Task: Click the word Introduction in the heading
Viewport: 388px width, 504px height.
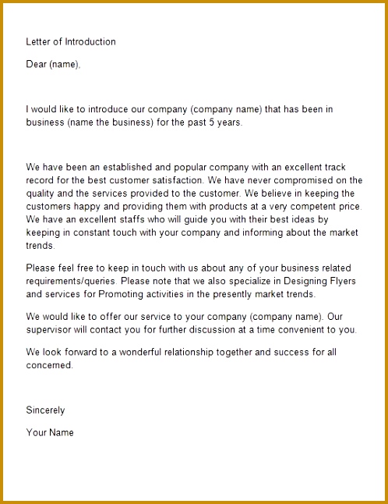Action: click(89, 41)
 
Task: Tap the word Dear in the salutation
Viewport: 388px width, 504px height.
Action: click(36, 65)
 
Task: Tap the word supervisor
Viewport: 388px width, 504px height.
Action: click(49, 330)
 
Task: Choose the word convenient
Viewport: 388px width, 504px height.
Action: click(298, 330)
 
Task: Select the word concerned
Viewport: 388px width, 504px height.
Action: click(48, 365)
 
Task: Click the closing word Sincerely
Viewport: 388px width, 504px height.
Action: click(45, 410)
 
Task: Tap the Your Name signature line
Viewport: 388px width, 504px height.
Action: click(50, 432)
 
